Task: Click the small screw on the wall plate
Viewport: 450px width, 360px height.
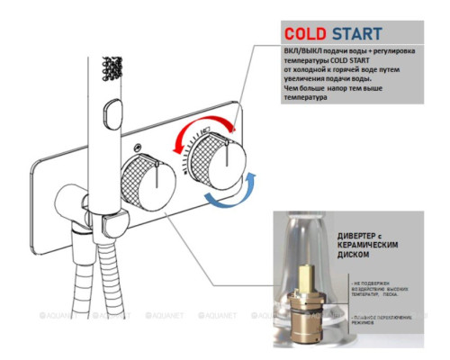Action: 136,145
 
